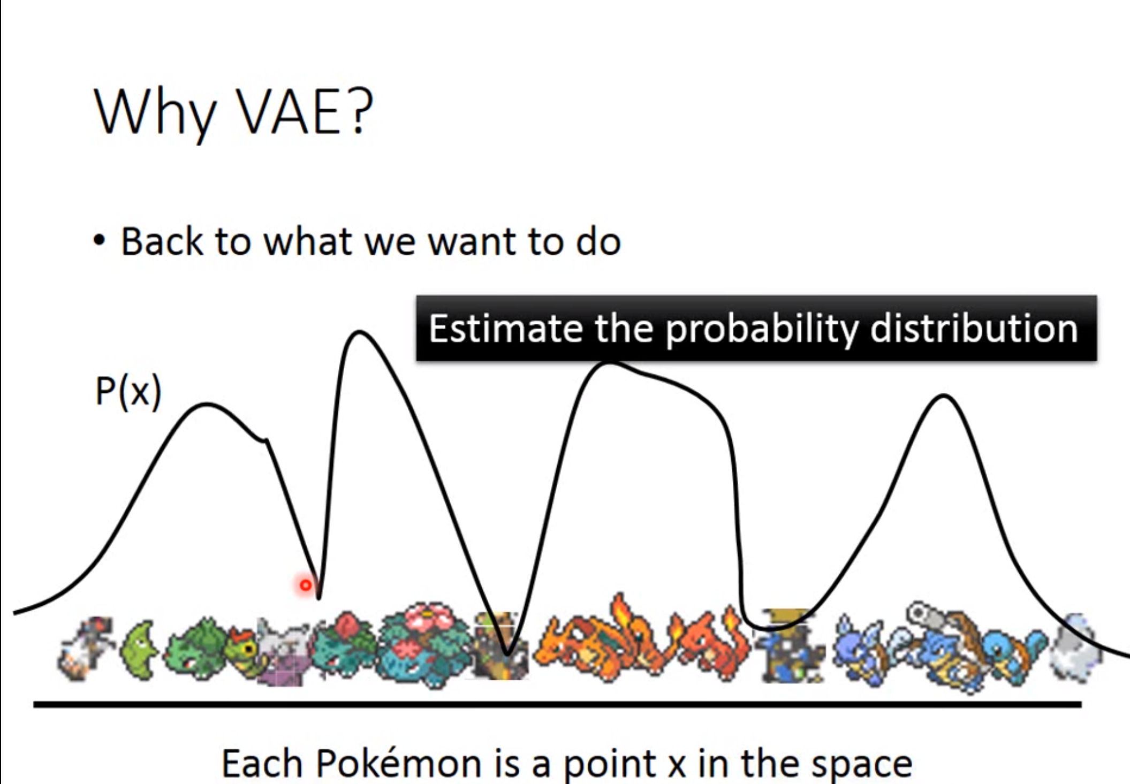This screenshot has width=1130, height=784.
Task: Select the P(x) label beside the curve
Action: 128,392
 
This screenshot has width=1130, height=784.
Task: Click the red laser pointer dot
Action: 306,585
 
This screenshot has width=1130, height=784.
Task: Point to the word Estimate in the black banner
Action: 506,328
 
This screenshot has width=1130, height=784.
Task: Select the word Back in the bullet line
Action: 162,241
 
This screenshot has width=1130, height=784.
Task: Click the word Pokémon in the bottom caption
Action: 398,763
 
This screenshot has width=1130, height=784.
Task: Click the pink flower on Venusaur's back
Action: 430,621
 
